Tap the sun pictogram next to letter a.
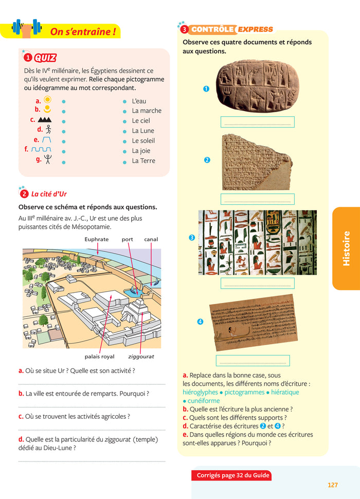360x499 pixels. tap(47, 99)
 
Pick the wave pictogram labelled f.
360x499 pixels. tap(41, 149)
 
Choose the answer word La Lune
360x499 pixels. tap(143, 131)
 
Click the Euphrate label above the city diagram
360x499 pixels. tap(97, 239)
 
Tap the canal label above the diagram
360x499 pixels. tap(151, 239)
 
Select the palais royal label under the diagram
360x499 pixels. tap(100, 356)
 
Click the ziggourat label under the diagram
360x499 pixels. tap(141, 356)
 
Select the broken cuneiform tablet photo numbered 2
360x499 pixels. tap(256, 162)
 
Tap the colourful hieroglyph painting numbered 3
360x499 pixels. tap(257, 242)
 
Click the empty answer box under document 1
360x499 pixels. tap(257, 122)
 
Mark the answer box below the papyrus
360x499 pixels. tap(253, 361)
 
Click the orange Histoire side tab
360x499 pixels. tap(346, 248)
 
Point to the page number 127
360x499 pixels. tap(332, 485)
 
